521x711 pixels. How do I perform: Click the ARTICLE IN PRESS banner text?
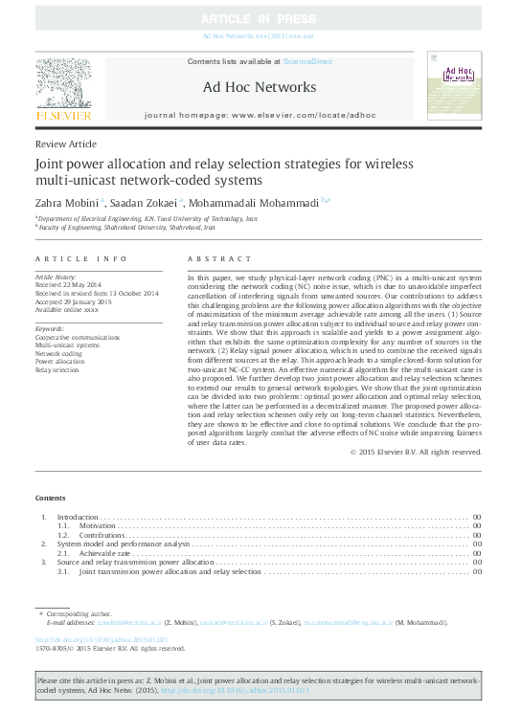click(x=260, y=19)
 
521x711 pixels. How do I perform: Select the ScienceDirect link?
click(x=305, y=61)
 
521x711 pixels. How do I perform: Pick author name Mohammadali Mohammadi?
click(x=253, y=202)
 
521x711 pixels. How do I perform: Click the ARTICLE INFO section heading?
click(x=80, y=259)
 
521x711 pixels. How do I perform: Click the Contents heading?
click(x=51, y=498)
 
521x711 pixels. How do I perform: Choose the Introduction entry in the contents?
click(x=79, y=518)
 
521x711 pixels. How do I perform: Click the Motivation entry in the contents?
click(x=97, y=526)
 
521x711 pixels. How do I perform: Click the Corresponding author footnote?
click(x=72, y=611)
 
